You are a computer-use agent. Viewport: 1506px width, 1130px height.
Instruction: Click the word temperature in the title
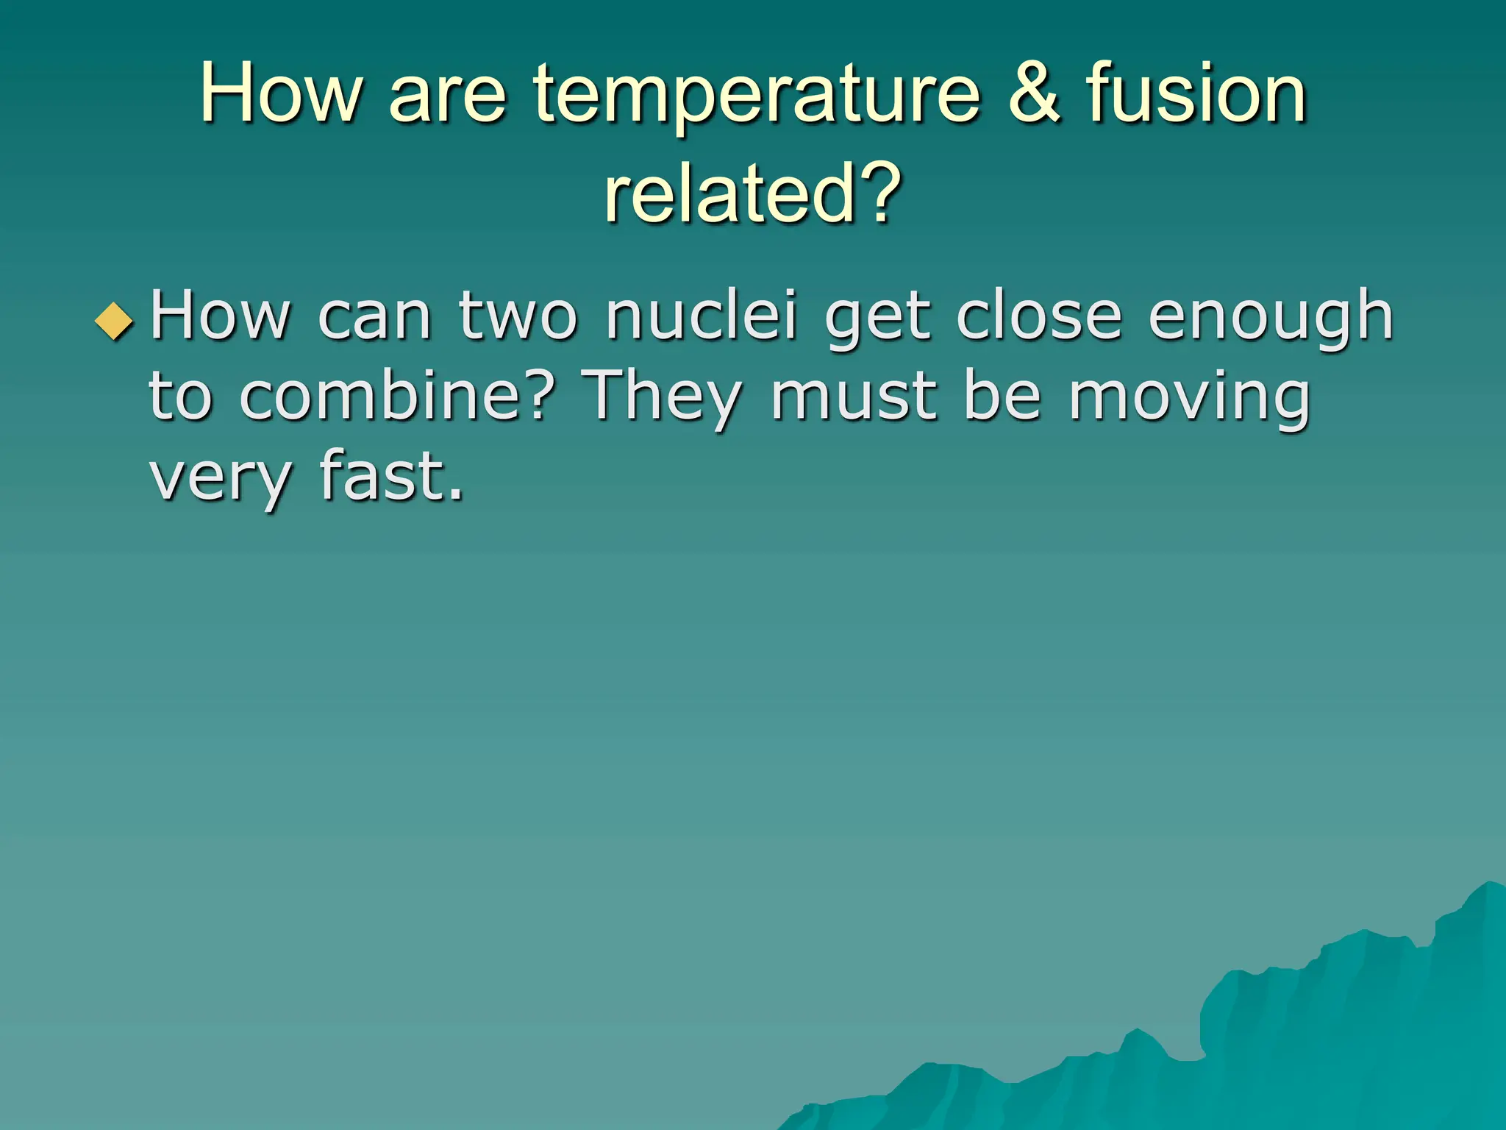pyautogui.click(x=757, y=96)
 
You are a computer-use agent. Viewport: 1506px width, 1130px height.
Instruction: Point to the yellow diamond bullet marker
pyautogui.click(x=115, y=321)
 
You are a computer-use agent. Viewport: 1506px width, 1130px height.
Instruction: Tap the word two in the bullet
pyautogui.click(x=518, y=318)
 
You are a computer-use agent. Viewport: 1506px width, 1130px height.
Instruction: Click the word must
pyautogui.click(x=854, y=397)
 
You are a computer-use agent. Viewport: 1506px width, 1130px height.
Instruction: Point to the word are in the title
pyautogui.click(x=448, y=96)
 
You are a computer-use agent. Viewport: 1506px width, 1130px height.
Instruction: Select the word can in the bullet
pyautogui.click(x=374, y=318)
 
